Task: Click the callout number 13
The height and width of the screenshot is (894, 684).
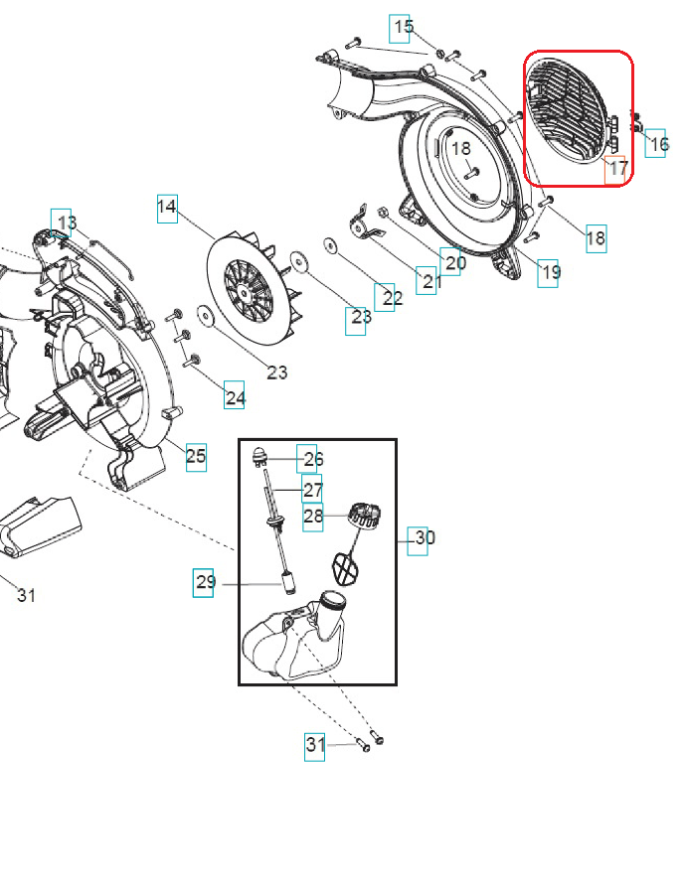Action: (67, 222)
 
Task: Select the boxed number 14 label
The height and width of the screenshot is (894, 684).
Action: (167, 207)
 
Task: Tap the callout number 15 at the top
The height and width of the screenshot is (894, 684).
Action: (402, 28)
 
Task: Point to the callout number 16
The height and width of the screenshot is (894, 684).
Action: (657, 144)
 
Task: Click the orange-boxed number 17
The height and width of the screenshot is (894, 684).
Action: (617, 168)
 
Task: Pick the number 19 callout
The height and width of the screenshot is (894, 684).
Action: (550, 271)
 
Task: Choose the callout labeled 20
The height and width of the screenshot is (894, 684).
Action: (453, 262)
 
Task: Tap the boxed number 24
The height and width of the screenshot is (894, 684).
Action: (235, 397)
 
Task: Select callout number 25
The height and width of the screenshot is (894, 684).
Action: (196, 456)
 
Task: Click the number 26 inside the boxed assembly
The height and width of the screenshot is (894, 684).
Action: (313, 459)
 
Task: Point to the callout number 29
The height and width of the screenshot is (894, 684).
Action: (205, 582)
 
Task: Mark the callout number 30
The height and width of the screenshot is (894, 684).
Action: (424, 538)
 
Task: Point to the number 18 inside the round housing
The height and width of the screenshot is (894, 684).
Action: (461, 149)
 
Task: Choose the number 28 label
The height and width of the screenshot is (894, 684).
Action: (313, 516)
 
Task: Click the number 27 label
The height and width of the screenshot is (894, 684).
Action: (313, 489)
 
